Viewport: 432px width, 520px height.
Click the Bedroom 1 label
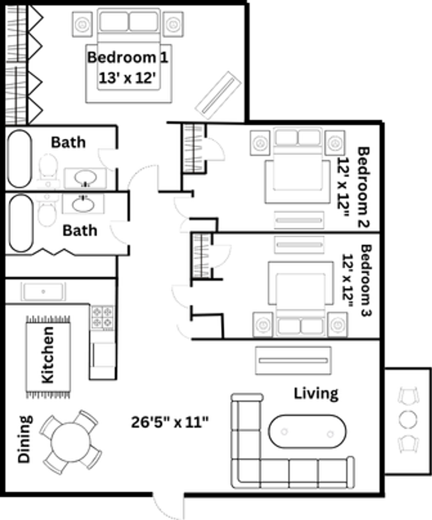click(128, 57)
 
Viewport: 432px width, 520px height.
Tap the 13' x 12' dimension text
click(128, 78)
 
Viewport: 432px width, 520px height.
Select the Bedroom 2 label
click(363, 187)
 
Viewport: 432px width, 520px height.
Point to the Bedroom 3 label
click(366, 281)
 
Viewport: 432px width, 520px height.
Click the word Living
click(316, 394)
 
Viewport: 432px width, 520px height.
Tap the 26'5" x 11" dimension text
click(170, 422)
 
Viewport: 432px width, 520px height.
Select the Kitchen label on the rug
click(47, 355)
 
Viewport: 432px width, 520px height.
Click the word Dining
click(25, 439)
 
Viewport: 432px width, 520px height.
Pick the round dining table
click(70, 442)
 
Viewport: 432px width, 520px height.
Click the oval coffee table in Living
click(307, 432)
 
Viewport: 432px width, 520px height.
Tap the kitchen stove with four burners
click(102, 318)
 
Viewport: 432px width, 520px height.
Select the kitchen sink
click(43, 292)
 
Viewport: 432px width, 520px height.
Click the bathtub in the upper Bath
click(20, 159)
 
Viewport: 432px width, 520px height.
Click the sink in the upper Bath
click(86, 178)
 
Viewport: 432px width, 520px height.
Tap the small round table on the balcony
click(408, 419)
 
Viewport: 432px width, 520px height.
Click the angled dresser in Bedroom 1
click(218, 95)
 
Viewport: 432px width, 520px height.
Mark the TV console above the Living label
click(293, 361)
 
